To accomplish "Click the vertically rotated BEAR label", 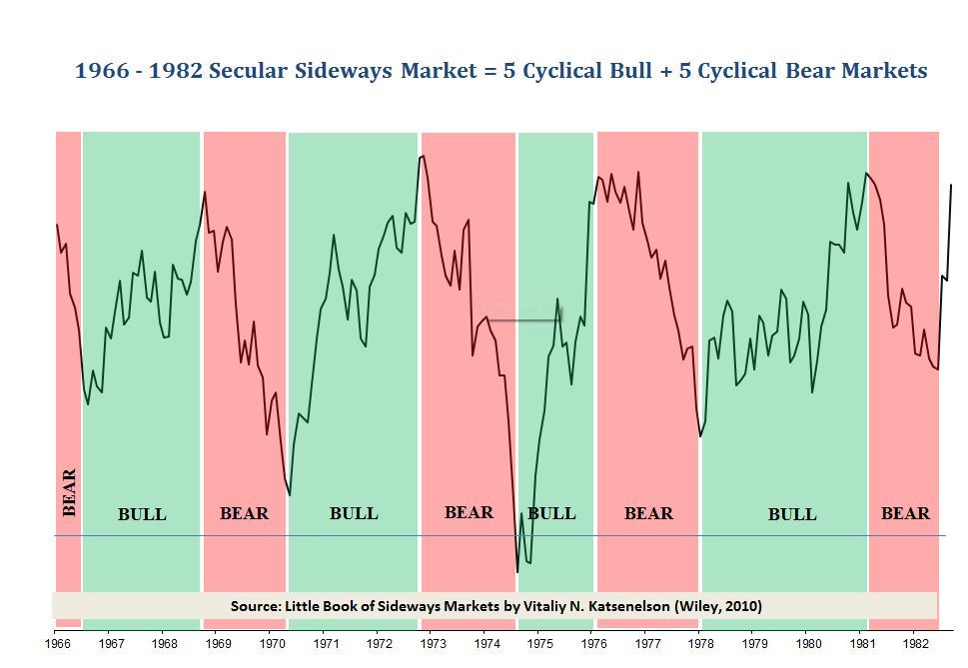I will pos(69,492).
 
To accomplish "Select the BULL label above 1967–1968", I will pos(142,514).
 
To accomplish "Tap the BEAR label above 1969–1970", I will pos(244,513).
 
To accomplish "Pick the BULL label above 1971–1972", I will pos(354,513).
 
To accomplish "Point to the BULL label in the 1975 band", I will pos(551,513).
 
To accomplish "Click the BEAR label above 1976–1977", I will pos(648,513).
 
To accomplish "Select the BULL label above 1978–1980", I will pos(792,514).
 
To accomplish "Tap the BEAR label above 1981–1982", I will pos(905,513).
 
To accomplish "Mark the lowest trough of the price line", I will pos(517,571).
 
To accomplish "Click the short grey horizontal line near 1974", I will pos(523,321).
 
